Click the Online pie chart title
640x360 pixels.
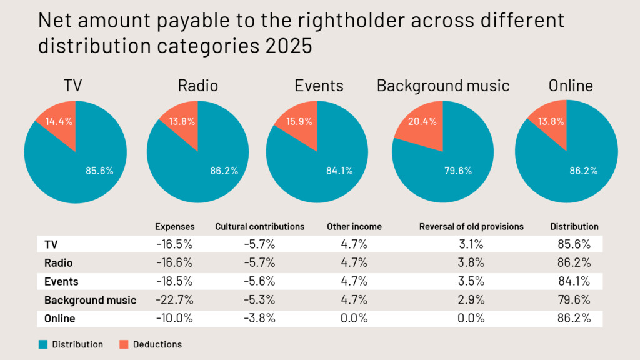[x=571, y=86]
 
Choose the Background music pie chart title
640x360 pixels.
[x=443, y=86]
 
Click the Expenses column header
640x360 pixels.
[x=175, y=227]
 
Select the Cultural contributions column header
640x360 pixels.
[x=259, y=227]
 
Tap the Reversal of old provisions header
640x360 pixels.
[x=471, y=227]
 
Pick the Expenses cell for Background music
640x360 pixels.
[x=175, y=300]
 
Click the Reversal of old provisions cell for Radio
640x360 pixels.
[x=471, y=262]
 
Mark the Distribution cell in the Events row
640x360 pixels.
[x=574, y=281]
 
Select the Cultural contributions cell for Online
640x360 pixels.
[x=259, y=319]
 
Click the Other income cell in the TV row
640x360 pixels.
[x=354, y=244]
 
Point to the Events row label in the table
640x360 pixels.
[x=61, y=281]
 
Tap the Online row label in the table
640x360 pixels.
[x=59, y=319]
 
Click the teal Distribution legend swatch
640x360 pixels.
[x=43, y=344]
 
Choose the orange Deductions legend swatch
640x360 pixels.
[x=124, y=344]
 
